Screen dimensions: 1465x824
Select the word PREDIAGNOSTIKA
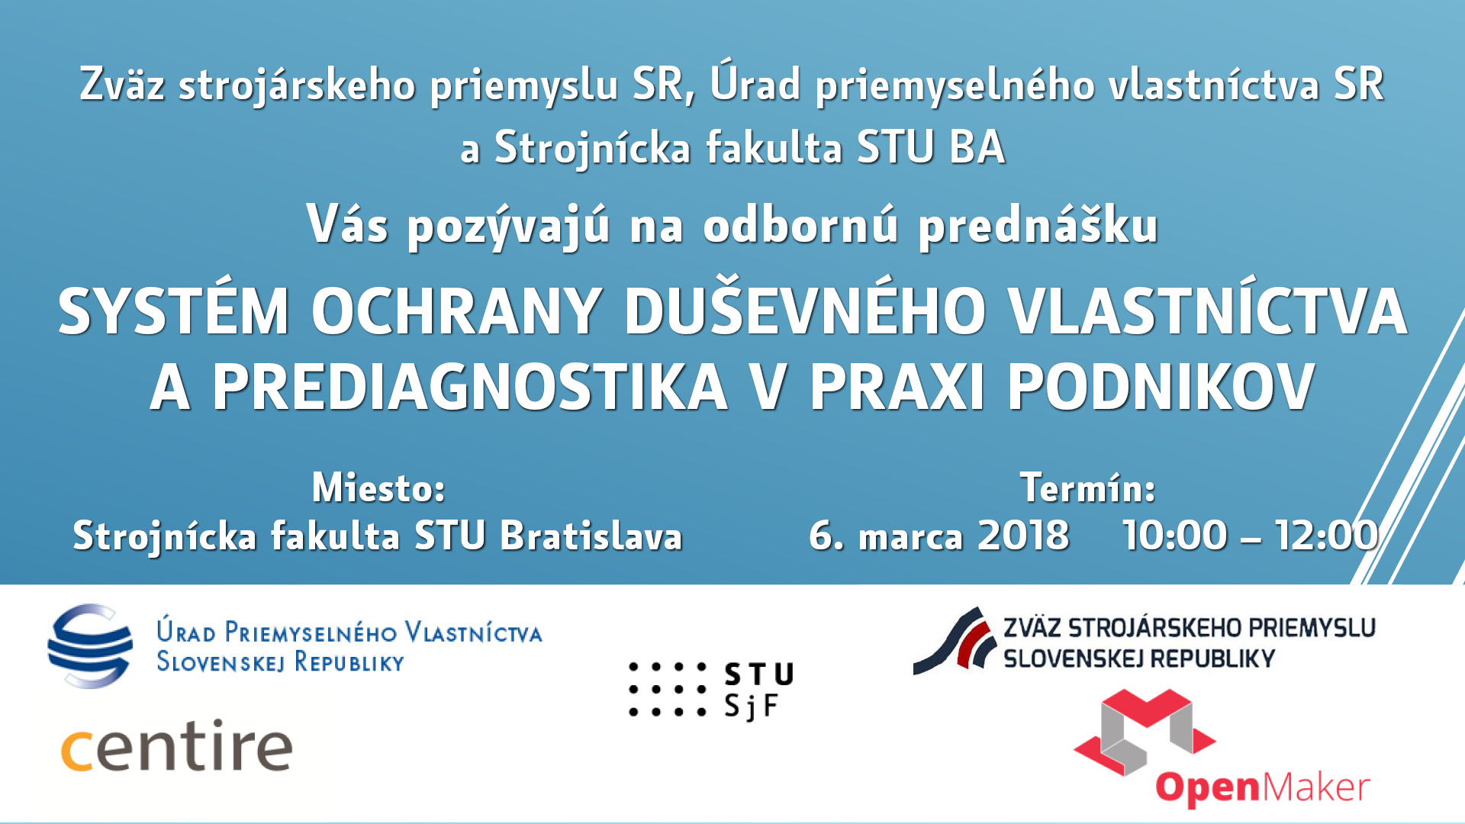click(x=469, y=387)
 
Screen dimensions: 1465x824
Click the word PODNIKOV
click(x=1161, y=387)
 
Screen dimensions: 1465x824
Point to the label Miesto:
click(x=378, y=488)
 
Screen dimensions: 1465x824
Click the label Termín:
click(x=1087, y=488)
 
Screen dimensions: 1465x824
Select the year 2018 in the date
click(x=1023, y=536)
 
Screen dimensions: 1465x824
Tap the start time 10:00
click(x=1175, y=536)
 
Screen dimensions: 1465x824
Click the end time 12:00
click(x=1327, y=536)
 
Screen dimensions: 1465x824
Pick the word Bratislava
click(x=591, y=536)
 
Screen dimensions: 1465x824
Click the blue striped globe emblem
click(x=90, y=646)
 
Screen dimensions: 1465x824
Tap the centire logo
click(x=176, y=745)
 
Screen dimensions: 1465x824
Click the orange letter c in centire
click(x=77, y=751)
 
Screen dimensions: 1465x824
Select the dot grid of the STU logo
click(x=668, y=690)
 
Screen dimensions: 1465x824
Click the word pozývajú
click(x=508, y=227)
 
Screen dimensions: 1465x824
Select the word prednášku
click(x=1038, y=226)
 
